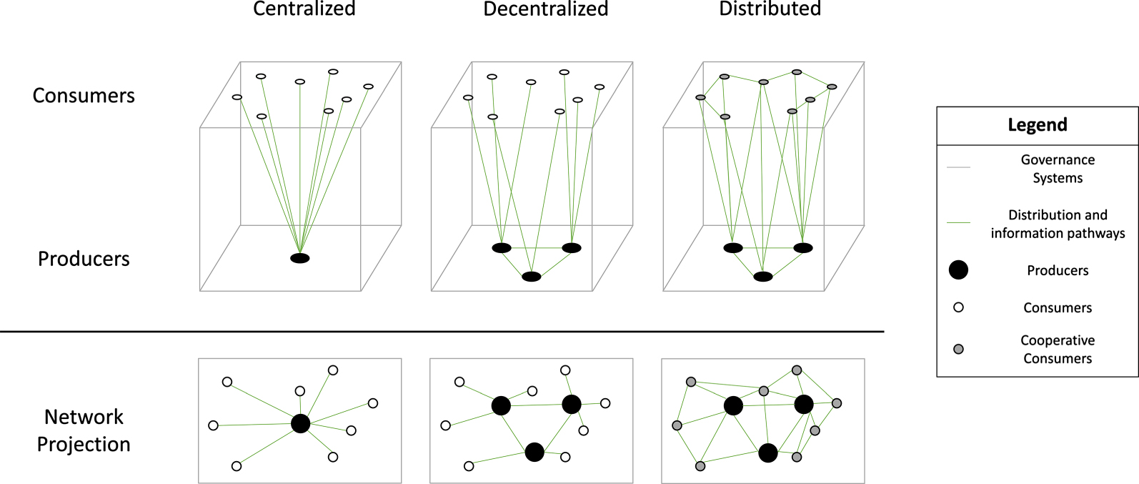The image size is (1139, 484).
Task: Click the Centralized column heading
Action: (304, 9)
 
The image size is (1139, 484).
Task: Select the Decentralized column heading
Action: (545, 9)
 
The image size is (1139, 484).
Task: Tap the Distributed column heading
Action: (770, 9)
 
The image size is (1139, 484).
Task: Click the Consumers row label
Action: (84, 96)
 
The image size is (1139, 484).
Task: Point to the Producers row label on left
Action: (84, 259)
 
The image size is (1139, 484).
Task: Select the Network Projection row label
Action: (84, 430)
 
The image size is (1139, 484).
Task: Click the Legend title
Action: (1037, 125)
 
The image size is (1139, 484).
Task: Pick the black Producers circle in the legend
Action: (958, 270)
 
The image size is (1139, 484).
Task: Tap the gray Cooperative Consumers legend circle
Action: (958, 349)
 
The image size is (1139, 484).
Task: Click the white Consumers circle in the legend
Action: (958, 307)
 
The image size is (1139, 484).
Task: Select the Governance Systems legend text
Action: (1057, 169)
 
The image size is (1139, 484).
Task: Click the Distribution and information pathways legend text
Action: (1057, 224)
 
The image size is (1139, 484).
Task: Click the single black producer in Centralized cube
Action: (300, 258)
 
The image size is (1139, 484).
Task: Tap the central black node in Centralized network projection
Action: (301, 423)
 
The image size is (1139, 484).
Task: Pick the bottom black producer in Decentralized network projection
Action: (534, 452)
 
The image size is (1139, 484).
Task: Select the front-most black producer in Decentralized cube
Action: (531, 277)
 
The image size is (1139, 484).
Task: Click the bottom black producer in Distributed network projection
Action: (767, 453)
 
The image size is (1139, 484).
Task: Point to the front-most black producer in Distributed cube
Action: (763, 277)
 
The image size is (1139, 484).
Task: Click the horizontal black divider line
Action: (442, 332)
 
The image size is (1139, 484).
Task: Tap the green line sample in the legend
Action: (958, 222)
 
